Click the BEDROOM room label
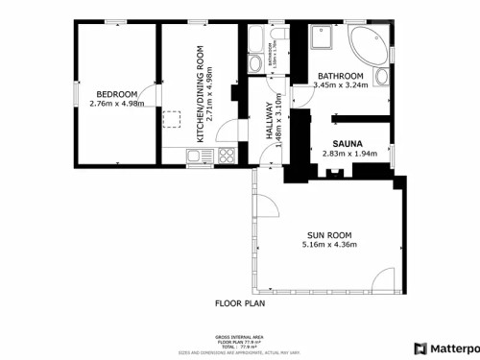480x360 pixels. [x=116, y=93]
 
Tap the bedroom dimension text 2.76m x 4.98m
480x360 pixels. [x=116, y=103]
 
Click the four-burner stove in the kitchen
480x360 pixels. [x=228, y=156]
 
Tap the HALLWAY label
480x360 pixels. [x=270, y=130]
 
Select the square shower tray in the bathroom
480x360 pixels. [x=324, y=36]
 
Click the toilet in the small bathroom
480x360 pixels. [x=252, y=63]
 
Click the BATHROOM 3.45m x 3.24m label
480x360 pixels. [x=341, y=81]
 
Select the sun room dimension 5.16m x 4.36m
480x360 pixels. [x=329, y=245]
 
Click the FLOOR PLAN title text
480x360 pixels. [x=240, y=302]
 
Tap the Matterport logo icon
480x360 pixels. [x=420, y=348]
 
